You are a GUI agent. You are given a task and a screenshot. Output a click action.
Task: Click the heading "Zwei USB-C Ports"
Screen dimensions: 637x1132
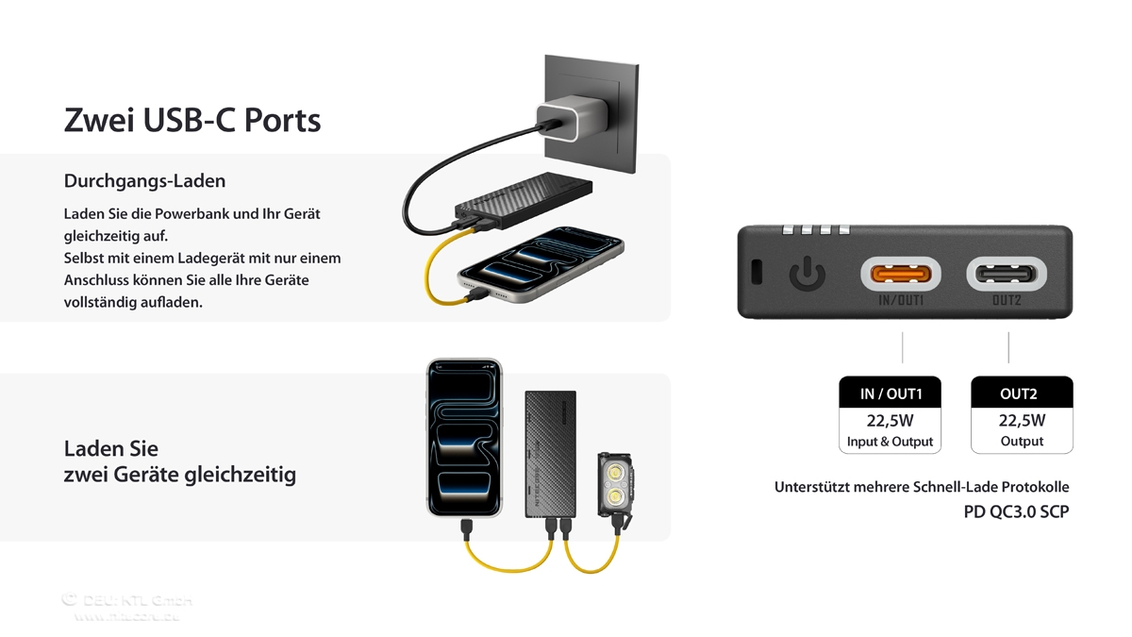(192, 121)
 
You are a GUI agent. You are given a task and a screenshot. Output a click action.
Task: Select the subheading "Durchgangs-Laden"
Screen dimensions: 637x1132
(144, 180)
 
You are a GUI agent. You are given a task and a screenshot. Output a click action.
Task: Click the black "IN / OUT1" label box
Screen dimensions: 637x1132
(891, 393)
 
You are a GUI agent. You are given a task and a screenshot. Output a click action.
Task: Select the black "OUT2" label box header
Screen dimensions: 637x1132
(1022, 393)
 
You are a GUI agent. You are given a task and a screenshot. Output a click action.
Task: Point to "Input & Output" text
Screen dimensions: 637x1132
(891, 442)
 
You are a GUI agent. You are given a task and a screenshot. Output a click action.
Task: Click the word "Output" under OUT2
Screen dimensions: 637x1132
(1022, 442)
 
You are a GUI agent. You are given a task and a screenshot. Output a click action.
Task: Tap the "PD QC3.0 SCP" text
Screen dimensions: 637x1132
(1009, 512)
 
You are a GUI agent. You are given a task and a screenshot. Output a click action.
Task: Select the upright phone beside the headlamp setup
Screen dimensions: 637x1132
(464, 437)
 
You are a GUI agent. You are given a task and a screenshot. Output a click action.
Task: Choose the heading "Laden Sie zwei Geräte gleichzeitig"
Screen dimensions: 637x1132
(179, 461)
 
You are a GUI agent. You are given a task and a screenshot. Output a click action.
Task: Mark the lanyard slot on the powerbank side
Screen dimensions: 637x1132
(757, 272)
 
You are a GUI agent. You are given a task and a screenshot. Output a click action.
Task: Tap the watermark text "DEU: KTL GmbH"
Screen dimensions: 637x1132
(127, 600)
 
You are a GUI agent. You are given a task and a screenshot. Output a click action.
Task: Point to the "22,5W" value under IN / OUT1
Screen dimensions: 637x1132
(891, 421)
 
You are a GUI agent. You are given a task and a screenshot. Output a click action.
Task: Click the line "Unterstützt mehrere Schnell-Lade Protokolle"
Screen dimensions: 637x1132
(922, 487)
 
